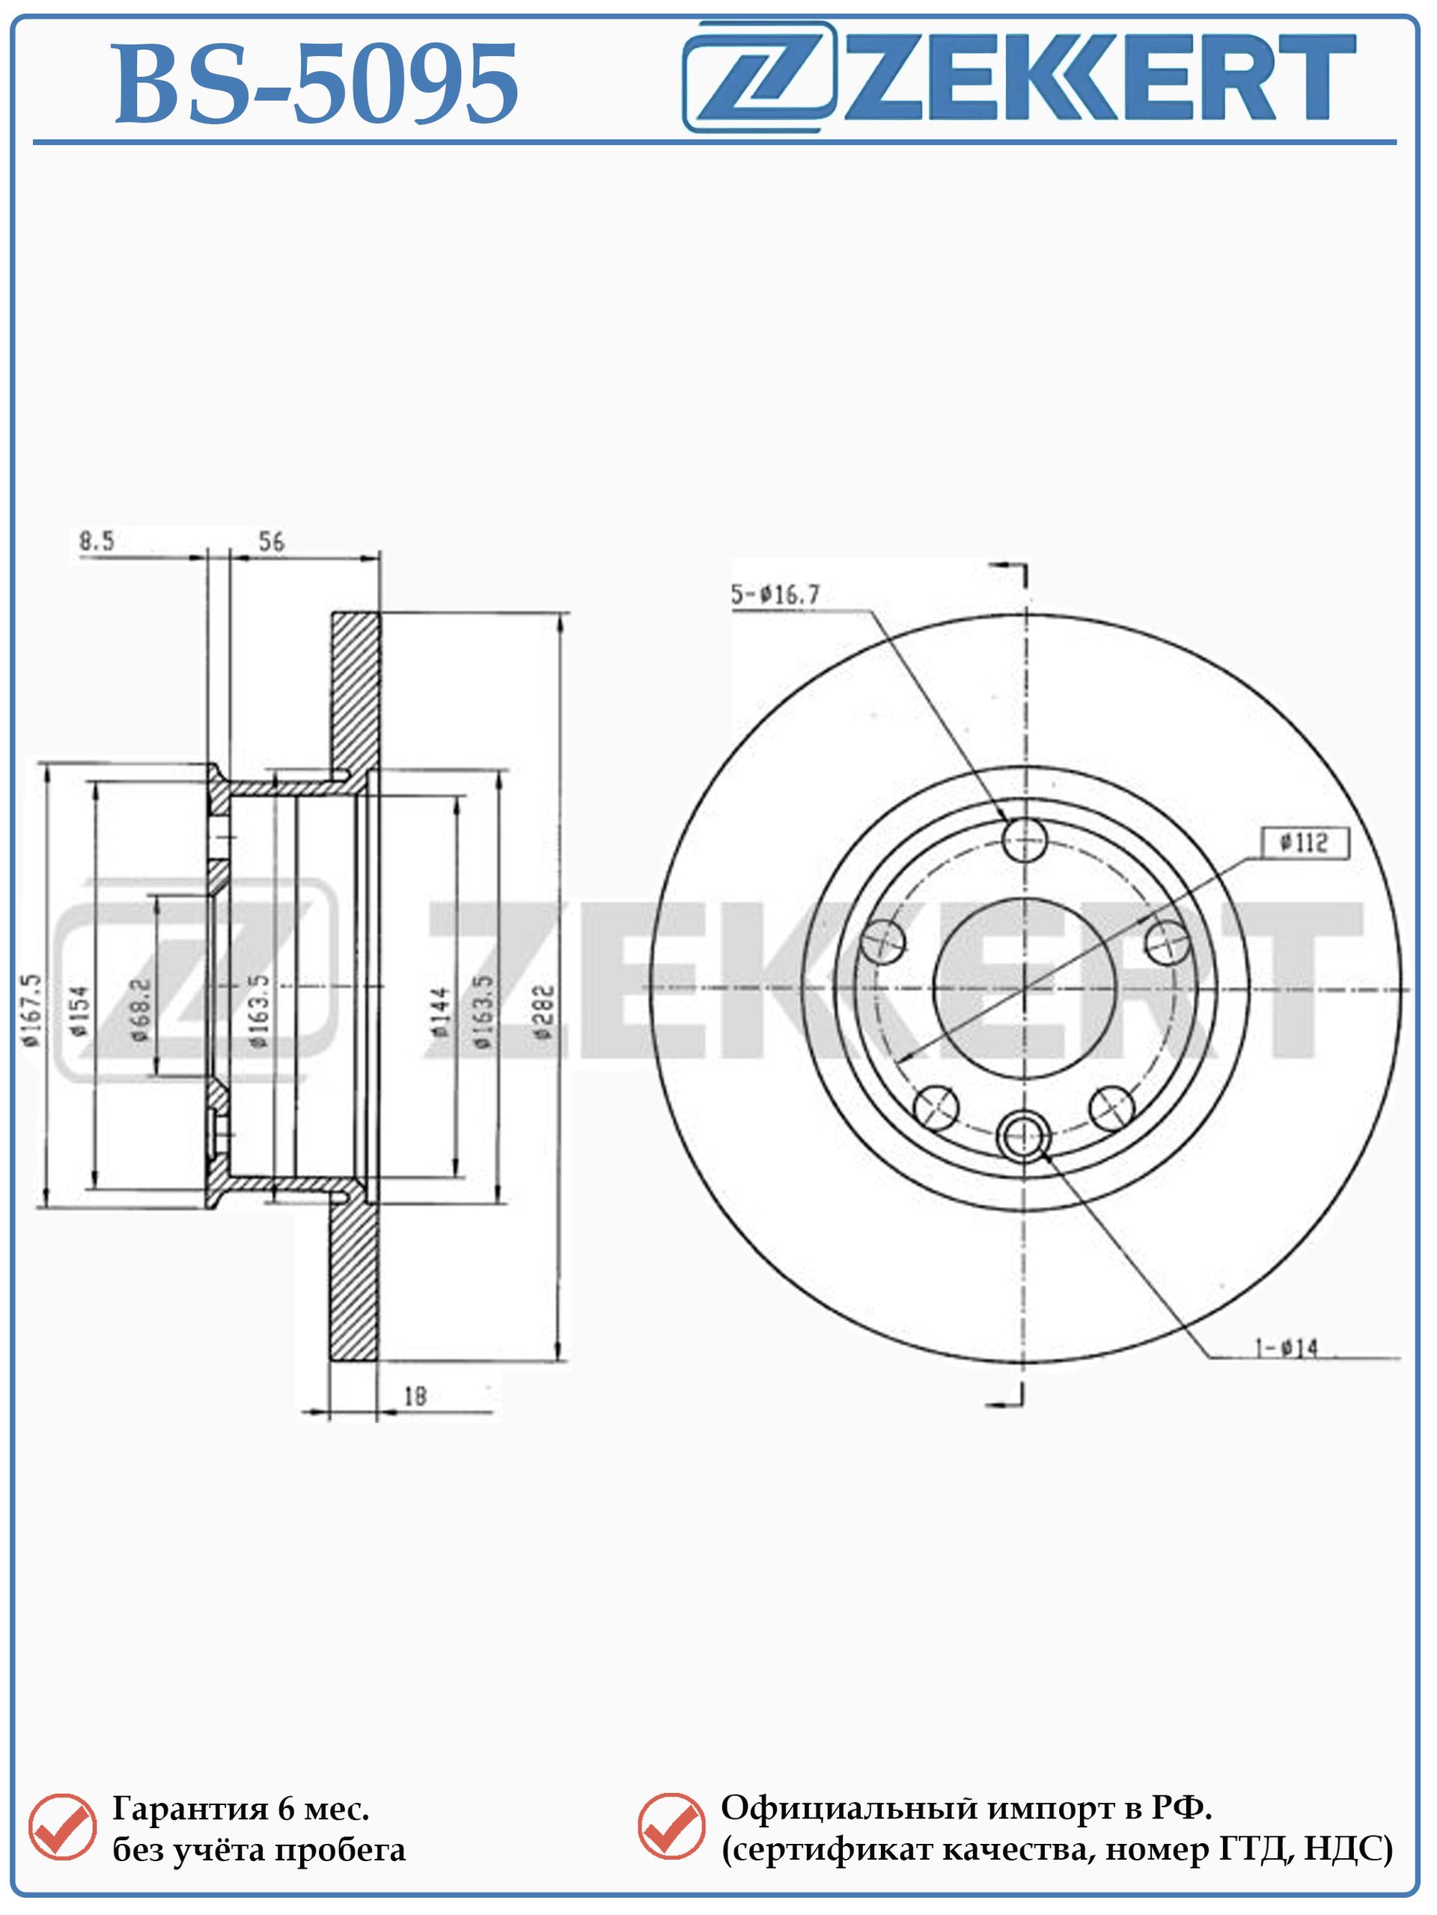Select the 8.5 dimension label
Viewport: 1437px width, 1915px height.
(96, 542)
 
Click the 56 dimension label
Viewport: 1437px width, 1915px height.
(271, 542)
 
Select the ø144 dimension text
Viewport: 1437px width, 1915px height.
(441, 1011)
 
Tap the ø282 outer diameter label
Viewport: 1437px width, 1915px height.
(543, 1011)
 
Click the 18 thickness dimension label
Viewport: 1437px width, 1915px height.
(416, 1396)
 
